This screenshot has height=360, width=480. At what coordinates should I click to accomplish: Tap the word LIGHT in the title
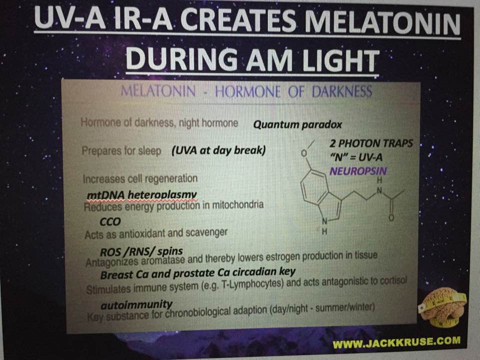pyautogui.click(x=340, y=59)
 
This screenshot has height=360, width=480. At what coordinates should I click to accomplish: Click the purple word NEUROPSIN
pyautogui.click(x=358, y=171)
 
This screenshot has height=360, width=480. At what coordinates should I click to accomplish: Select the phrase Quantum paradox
pyautogui.click(x=297, y=124)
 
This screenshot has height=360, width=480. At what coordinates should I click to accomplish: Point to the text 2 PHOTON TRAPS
pyautogui.click(x=371, y=143)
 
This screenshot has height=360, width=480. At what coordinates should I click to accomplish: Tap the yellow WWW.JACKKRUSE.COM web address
pyautogui.click(x=396, y=342)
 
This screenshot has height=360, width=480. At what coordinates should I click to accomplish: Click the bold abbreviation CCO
pyautogui.click(x=110, y=221)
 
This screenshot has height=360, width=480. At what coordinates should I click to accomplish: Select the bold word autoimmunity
pyautogui.click(x=136, y=304)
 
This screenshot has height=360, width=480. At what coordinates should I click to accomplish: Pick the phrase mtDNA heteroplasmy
pyautogui.click(x=141, y=195)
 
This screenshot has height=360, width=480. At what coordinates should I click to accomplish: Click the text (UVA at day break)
pyautogui.click(x=218, y=150)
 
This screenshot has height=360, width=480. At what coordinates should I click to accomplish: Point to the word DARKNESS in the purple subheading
pyautogui.click(x=342, y=91)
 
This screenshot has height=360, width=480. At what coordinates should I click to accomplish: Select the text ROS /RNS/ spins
pyautogui.click(x=141, y=252)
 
